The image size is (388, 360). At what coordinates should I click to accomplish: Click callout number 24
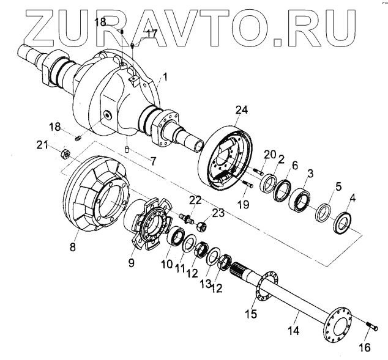pyautogui.click(x=242, y=110)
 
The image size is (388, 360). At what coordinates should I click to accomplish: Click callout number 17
pyautogui.click(x=151, y=33)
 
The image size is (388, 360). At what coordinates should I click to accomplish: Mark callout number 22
pyautogui.click(x=194, y=200)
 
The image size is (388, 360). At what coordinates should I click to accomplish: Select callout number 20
pyautogui.click(x=270, y=155)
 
